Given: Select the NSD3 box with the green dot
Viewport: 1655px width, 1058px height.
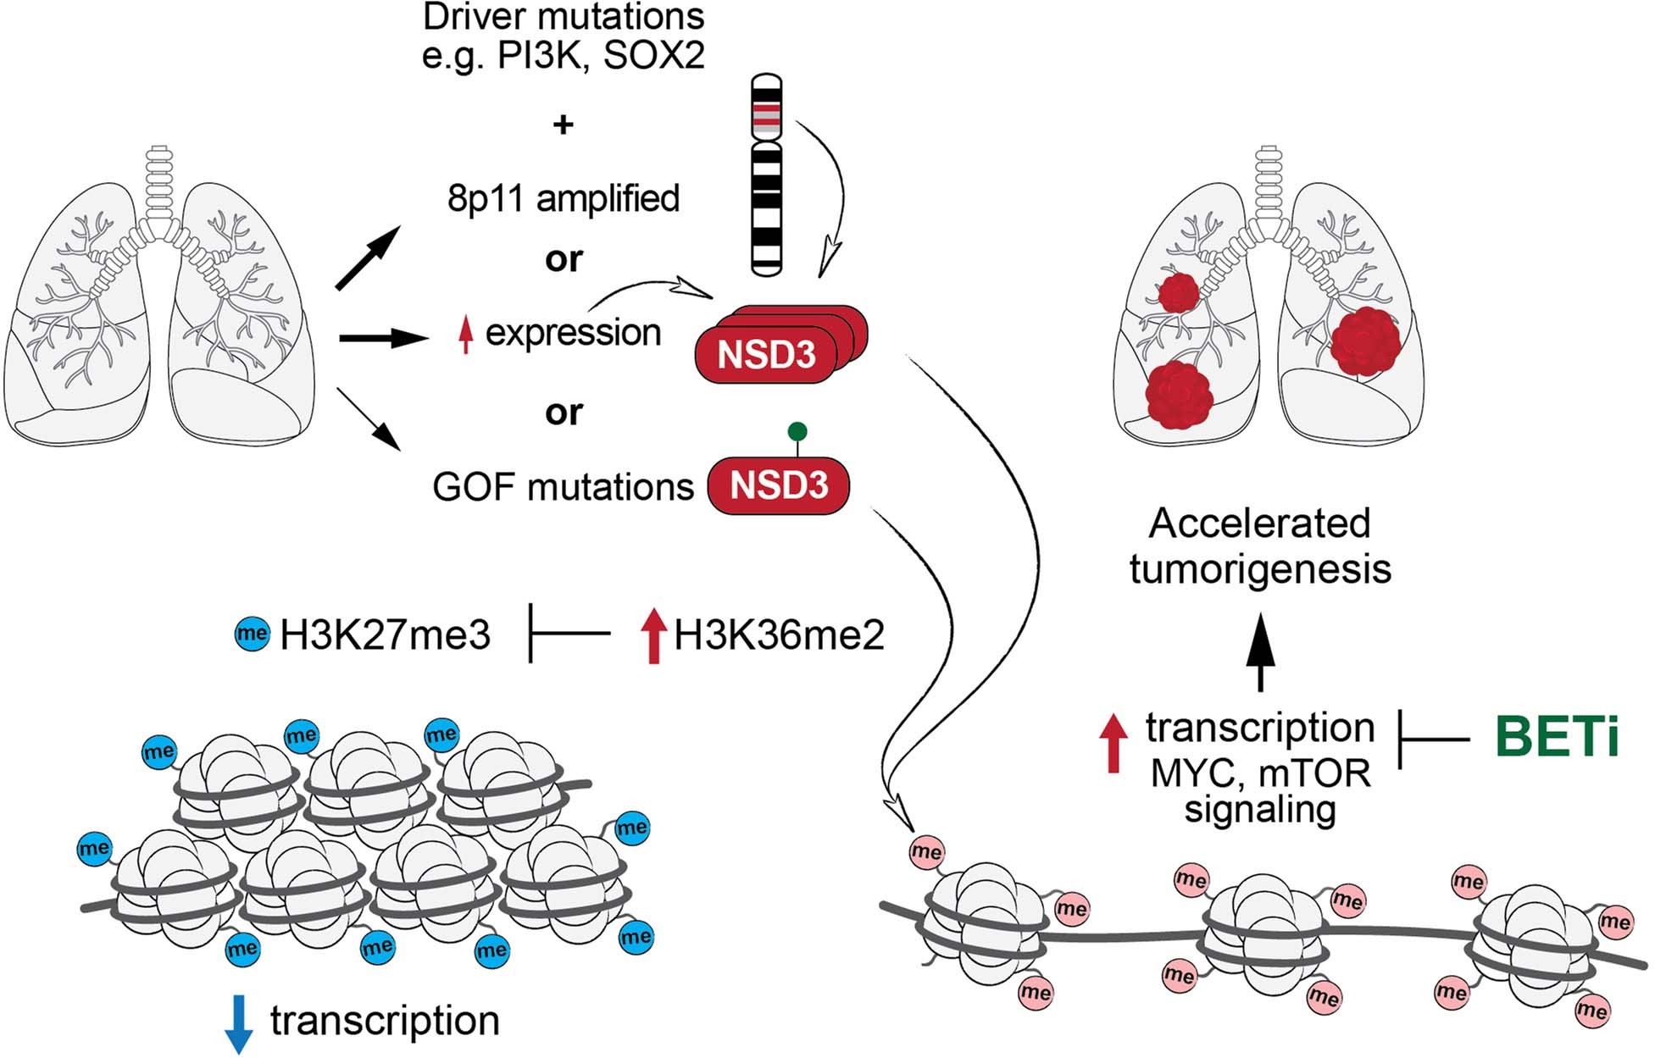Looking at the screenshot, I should [x=779, y=486].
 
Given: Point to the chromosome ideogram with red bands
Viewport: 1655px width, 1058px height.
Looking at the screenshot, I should [x=767, y=175].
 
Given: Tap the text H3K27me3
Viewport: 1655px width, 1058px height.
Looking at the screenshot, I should [x=386, y=634].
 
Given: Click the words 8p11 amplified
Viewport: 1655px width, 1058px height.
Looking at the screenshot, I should [x=564, y=199].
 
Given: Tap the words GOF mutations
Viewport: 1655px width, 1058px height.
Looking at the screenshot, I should [x=563, y=487].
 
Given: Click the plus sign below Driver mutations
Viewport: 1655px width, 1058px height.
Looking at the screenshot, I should [x=563, y=125].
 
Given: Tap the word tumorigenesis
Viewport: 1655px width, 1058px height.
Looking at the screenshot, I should [x=1260, y=569].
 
